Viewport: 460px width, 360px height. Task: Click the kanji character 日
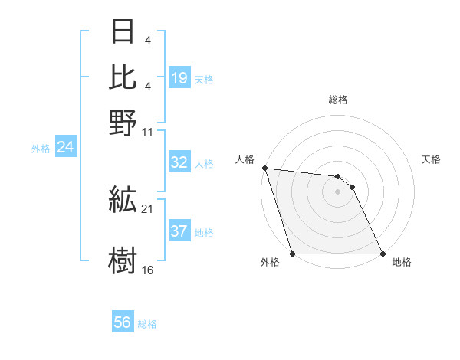click(123, 32)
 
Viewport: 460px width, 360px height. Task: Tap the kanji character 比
click(123, 77)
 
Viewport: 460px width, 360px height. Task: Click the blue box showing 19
click(179, 77)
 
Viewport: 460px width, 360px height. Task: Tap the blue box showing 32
click(179, 162)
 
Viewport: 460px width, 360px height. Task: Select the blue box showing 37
click(179, 232)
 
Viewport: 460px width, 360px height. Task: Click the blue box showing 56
click(123, 322)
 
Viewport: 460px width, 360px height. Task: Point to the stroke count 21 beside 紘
click(147, 209)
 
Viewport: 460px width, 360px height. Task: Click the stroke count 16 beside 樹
click(147, 270)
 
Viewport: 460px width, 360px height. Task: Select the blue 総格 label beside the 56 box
click(147, 324)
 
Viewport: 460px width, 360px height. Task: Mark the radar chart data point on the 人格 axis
click(264, 168)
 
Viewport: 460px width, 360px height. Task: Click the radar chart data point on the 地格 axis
click(382, 254)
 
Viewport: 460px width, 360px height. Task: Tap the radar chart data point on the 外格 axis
click(292, 254)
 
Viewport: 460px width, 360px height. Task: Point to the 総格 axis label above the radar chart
click(337, 100)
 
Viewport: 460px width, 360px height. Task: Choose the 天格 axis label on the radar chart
click(431, 159)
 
